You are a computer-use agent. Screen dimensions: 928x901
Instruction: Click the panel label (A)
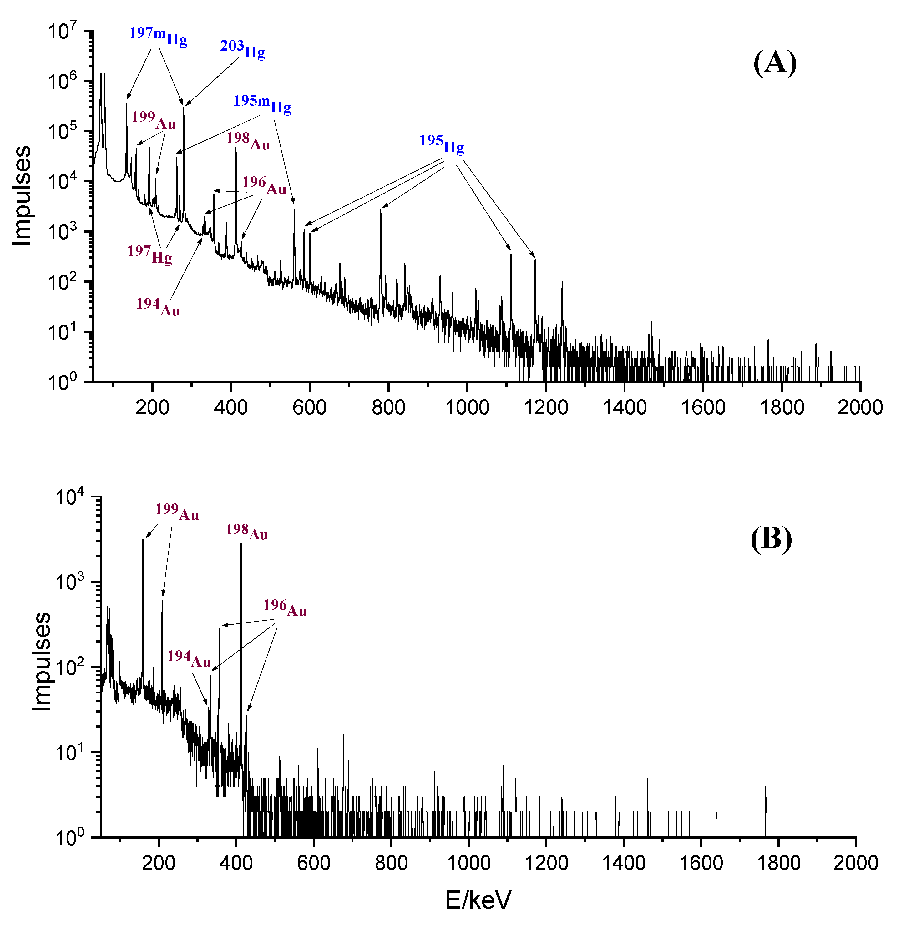(775, 63)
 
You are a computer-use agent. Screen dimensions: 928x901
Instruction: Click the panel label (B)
(771, 539)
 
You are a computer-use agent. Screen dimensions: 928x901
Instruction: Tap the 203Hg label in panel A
(242, 49)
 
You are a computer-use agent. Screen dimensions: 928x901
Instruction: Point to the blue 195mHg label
(262, 104)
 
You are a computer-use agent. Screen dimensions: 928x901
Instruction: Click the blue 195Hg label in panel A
(441, 144)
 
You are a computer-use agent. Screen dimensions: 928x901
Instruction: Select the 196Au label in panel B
(285, 608)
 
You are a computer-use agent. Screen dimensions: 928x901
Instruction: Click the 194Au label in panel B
(189, 658)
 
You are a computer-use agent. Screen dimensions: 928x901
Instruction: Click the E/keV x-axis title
(478, 900)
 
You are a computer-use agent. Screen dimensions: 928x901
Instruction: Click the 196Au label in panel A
(264, 186)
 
